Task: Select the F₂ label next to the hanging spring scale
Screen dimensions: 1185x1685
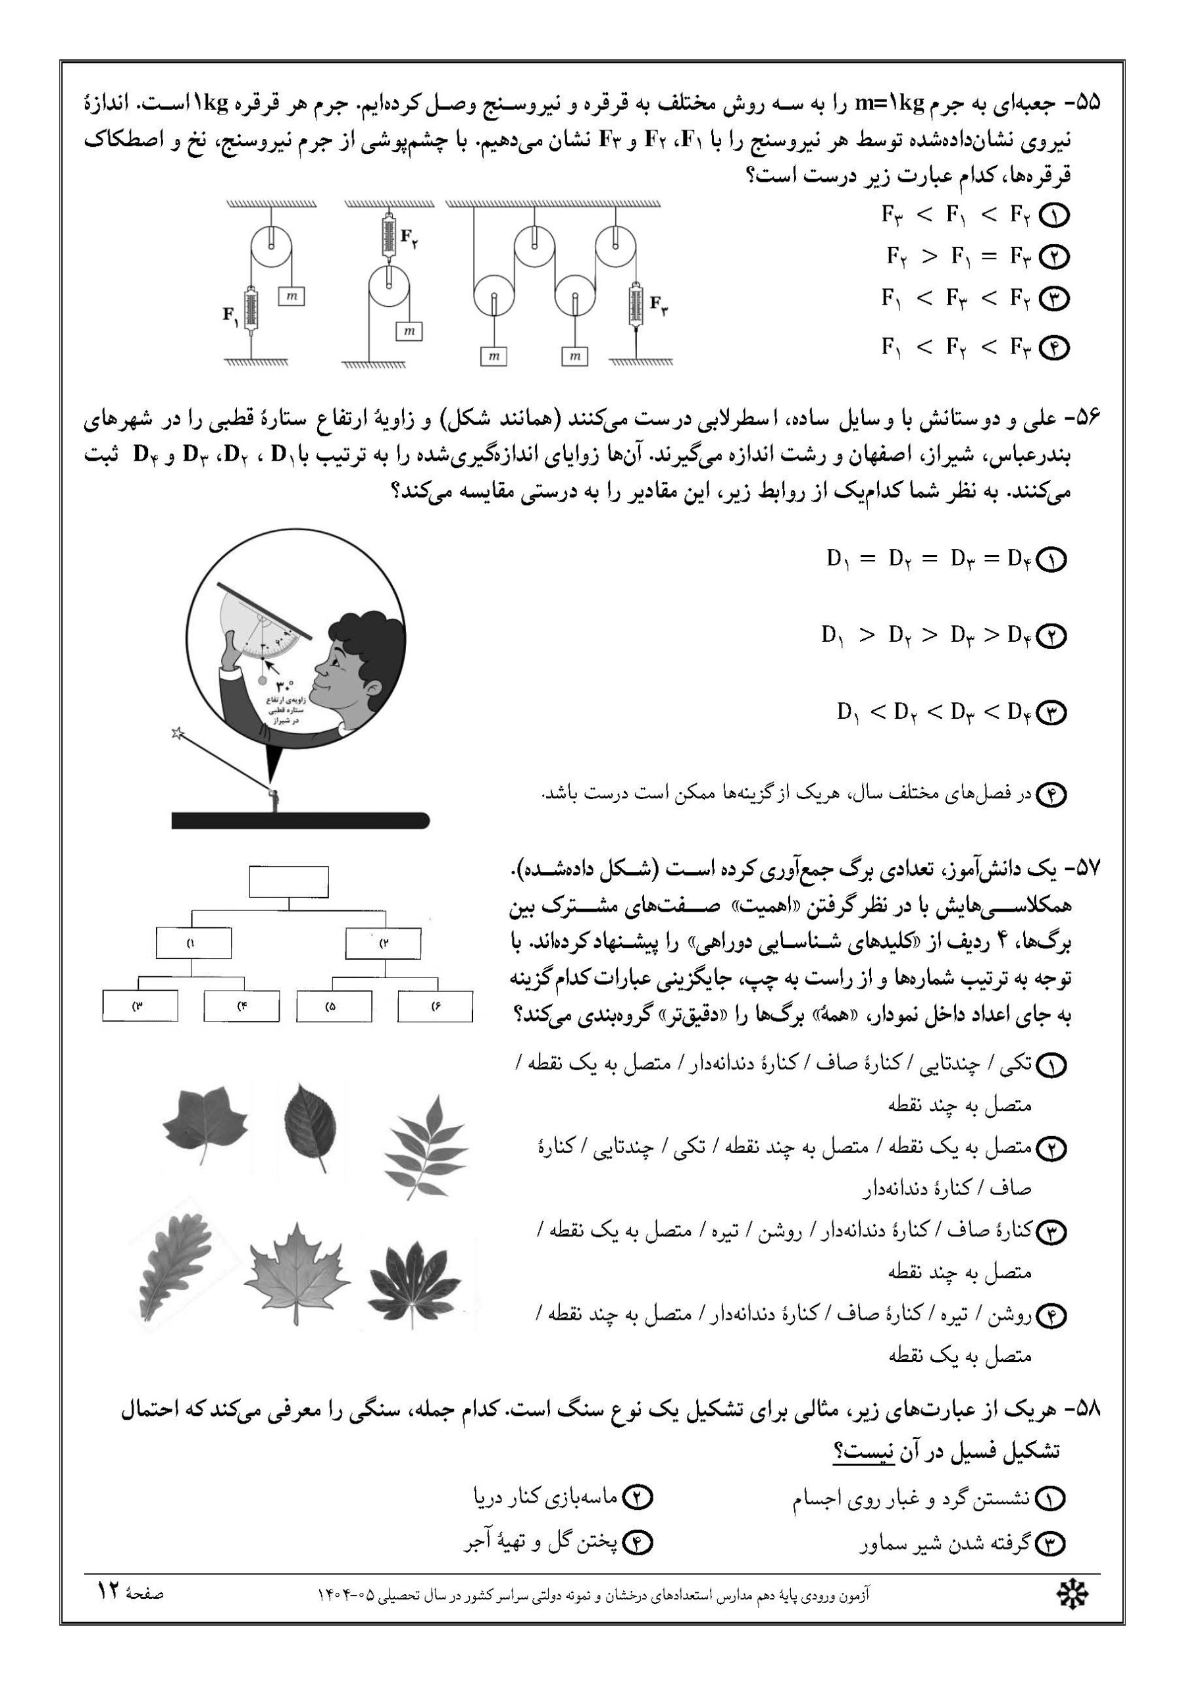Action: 409,236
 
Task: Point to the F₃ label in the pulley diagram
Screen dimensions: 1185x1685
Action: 658,302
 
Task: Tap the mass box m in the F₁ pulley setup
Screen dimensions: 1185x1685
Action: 291,296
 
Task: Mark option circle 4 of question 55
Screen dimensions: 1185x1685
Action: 1056,349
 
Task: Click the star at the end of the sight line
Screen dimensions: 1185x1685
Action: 176,733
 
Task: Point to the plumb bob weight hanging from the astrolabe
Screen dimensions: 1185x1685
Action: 263,681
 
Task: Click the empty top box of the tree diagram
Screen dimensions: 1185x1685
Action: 288,881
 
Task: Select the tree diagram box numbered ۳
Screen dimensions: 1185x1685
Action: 139,1006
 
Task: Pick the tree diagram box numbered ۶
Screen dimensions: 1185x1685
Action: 435,1006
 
